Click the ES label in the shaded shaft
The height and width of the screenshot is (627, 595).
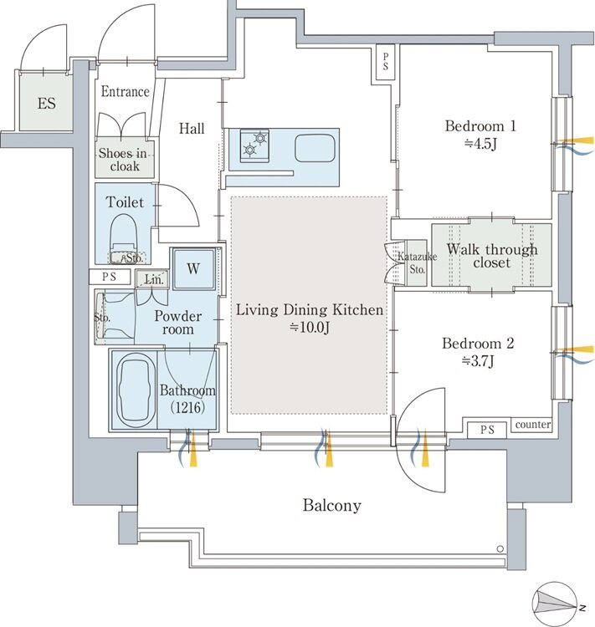click(47, 104)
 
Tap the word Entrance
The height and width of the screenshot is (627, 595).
click(125, 92)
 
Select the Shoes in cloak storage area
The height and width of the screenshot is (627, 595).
click(125, 159)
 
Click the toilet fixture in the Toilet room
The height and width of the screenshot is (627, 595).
click(124, 239)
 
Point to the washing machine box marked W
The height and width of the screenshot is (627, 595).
click(194, 268)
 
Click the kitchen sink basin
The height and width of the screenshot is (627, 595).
click(315, 147)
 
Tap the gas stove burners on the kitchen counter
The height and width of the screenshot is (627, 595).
click(254, 145)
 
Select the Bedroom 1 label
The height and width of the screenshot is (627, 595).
click(480, 126)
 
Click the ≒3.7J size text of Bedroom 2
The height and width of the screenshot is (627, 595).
click(478, 361)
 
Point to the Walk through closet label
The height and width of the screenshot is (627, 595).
click(492, 256)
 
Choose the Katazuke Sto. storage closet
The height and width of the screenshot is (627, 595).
click(417, 263)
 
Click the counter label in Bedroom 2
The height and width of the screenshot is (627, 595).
click(532, 424)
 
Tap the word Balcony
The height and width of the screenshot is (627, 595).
click(332, 505)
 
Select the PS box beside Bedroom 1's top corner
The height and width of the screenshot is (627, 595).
click(385, 64)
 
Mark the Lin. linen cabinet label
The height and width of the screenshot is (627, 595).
click(153, 279)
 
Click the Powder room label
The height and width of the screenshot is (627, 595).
click(177, 323)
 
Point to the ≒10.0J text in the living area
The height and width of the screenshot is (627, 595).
click(309, 327)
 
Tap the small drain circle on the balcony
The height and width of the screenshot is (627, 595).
click(500, 548)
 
